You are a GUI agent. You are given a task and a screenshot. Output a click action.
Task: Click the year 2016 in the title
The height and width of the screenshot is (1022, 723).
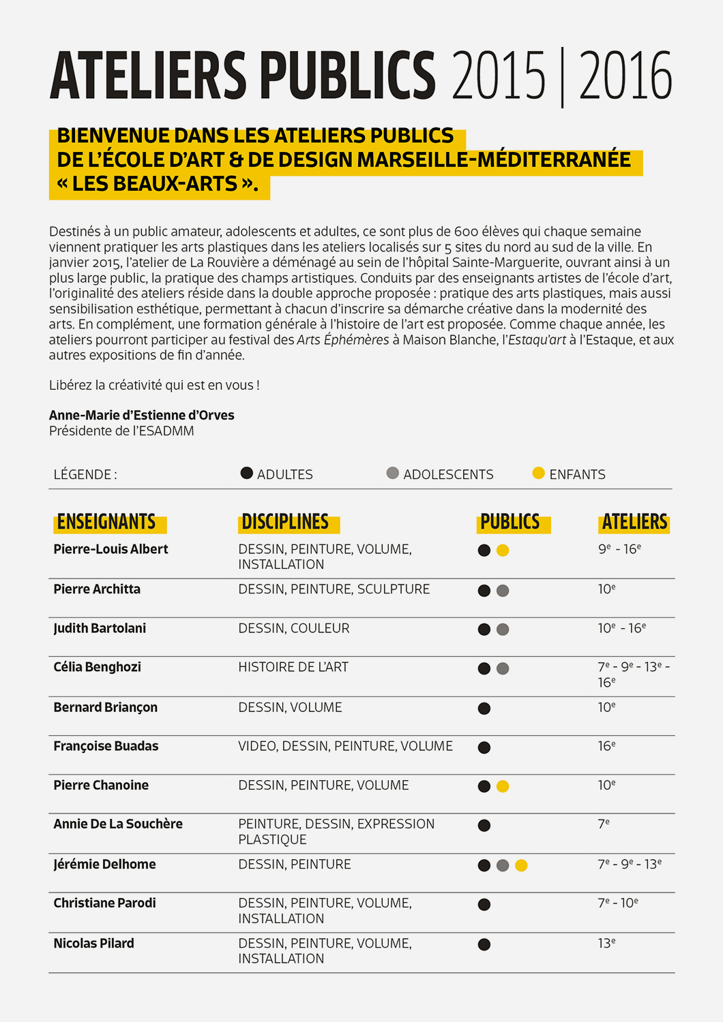click(x=625, y=76)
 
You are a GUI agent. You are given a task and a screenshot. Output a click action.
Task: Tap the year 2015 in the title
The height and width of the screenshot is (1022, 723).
click(x=499, y=76)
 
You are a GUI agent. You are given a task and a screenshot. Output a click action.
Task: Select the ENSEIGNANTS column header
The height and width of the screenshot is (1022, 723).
click(x=106, y=523)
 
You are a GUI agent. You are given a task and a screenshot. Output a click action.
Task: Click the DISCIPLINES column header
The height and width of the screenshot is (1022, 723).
click(x=285, y=523)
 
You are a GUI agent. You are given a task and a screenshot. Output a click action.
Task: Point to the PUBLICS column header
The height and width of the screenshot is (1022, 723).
click(x=510, y=523)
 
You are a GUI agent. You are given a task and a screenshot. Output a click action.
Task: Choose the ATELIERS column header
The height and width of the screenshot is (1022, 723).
click(x=634, y=523)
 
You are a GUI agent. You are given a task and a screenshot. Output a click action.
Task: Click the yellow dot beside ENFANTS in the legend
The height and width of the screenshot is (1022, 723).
click(x=538, y=473)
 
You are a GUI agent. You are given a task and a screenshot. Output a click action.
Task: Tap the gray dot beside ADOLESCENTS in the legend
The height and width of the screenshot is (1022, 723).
click(x=392, y=473)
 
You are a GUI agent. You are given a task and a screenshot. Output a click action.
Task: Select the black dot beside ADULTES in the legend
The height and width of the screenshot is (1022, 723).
click(x=247, y=473)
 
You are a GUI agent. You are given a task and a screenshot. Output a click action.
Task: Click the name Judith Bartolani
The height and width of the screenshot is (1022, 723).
click(x=100, y=628)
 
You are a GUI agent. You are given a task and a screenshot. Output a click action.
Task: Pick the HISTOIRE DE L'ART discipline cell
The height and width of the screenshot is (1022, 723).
click(x=293, y=667)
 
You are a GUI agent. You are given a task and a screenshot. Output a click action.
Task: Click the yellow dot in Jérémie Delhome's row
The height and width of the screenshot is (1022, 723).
click(x=521, y=865)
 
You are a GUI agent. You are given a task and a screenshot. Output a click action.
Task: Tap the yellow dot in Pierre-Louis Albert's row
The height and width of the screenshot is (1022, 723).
click(x=503, y=551)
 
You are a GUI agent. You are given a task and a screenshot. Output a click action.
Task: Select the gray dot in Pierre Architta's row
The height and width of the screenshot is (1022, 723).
click(x=503, y=591)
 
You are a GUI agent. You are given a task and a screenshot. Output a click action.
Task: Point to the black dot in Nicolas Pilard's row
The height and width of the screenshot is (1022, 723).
click(x=484, y=944)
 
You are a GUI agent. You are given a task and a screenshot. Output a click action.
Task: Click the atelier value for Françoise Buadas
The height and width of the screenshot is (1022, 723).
click(x=606, y=746)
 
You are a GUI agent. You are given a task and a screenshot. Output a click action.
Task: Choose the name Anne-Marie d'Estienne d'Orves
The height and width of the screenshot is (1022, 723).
click(x=142, y=415)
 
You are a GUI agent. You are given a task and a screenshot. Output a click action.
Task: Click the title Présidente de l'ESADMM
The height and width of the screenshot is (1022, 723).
click(x=121, y=431)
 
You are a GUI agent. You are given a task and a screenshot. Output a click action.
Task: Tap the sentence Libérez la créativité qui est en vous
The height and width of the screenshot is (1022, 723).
click(x=154, y=385)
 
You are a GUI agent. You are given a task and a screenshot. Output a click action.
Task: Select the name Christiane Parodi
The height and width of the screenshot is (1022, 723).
click(x=105, y=903)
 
